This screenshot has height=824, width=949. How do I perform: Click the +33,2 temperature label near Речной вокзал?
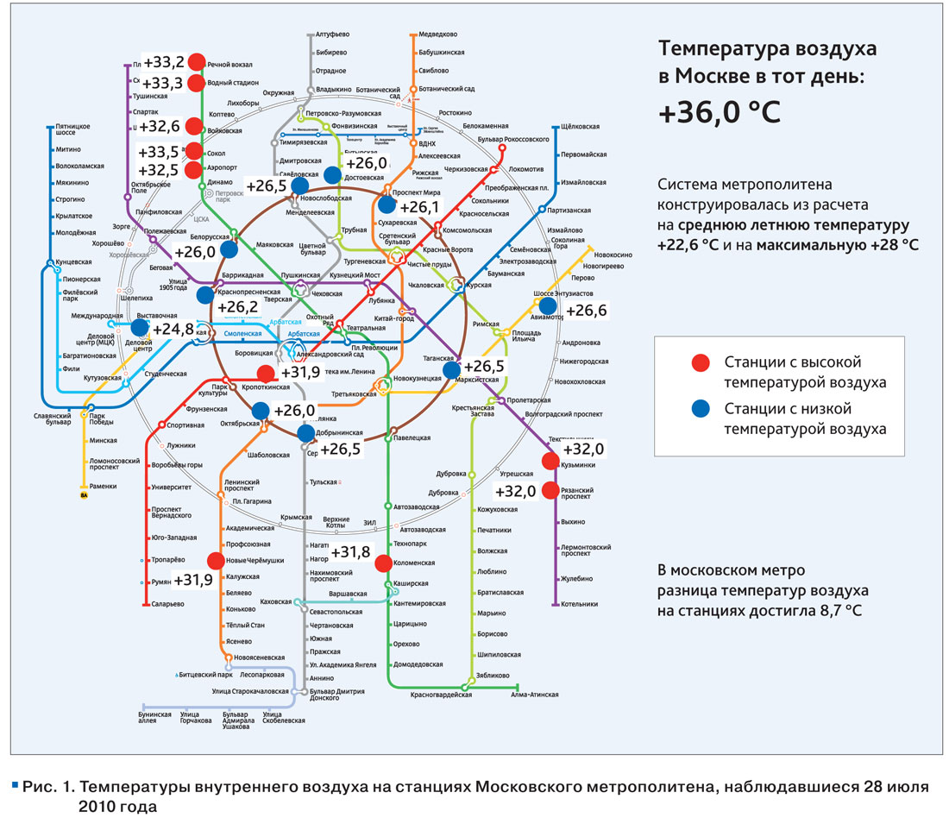point(164,62)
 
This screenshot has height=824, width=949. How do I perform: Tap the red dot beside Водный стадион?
point(196,83)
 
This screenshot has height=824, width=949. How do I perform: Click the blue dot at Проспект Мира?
point(386,204)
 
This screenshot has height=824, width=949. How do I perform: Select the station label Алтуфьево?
point(332,35)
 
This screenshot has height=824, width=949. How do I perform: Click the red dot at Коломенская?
point(384,563)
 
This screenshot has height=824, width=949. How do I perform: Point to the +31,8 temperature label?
point(351,552)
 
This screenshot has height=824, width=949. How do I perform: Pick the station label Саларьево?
point(168,604)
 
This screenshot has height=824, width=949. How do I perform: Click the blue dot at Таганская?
point(450,369)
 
